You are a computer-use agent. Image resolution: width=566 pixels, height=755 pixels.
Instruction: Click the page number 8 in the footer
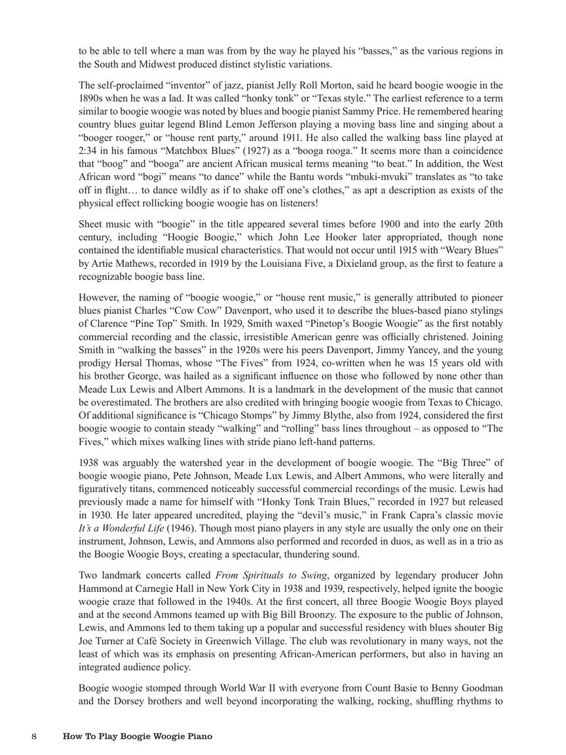coord(34,737)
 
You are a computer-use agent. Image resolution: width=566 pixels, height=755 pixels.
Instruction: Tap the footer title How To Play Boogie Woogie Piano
coord(138,737)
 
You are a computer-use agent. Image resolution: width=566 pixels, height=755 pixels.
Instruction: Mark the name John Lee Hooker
coord(335,237)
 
